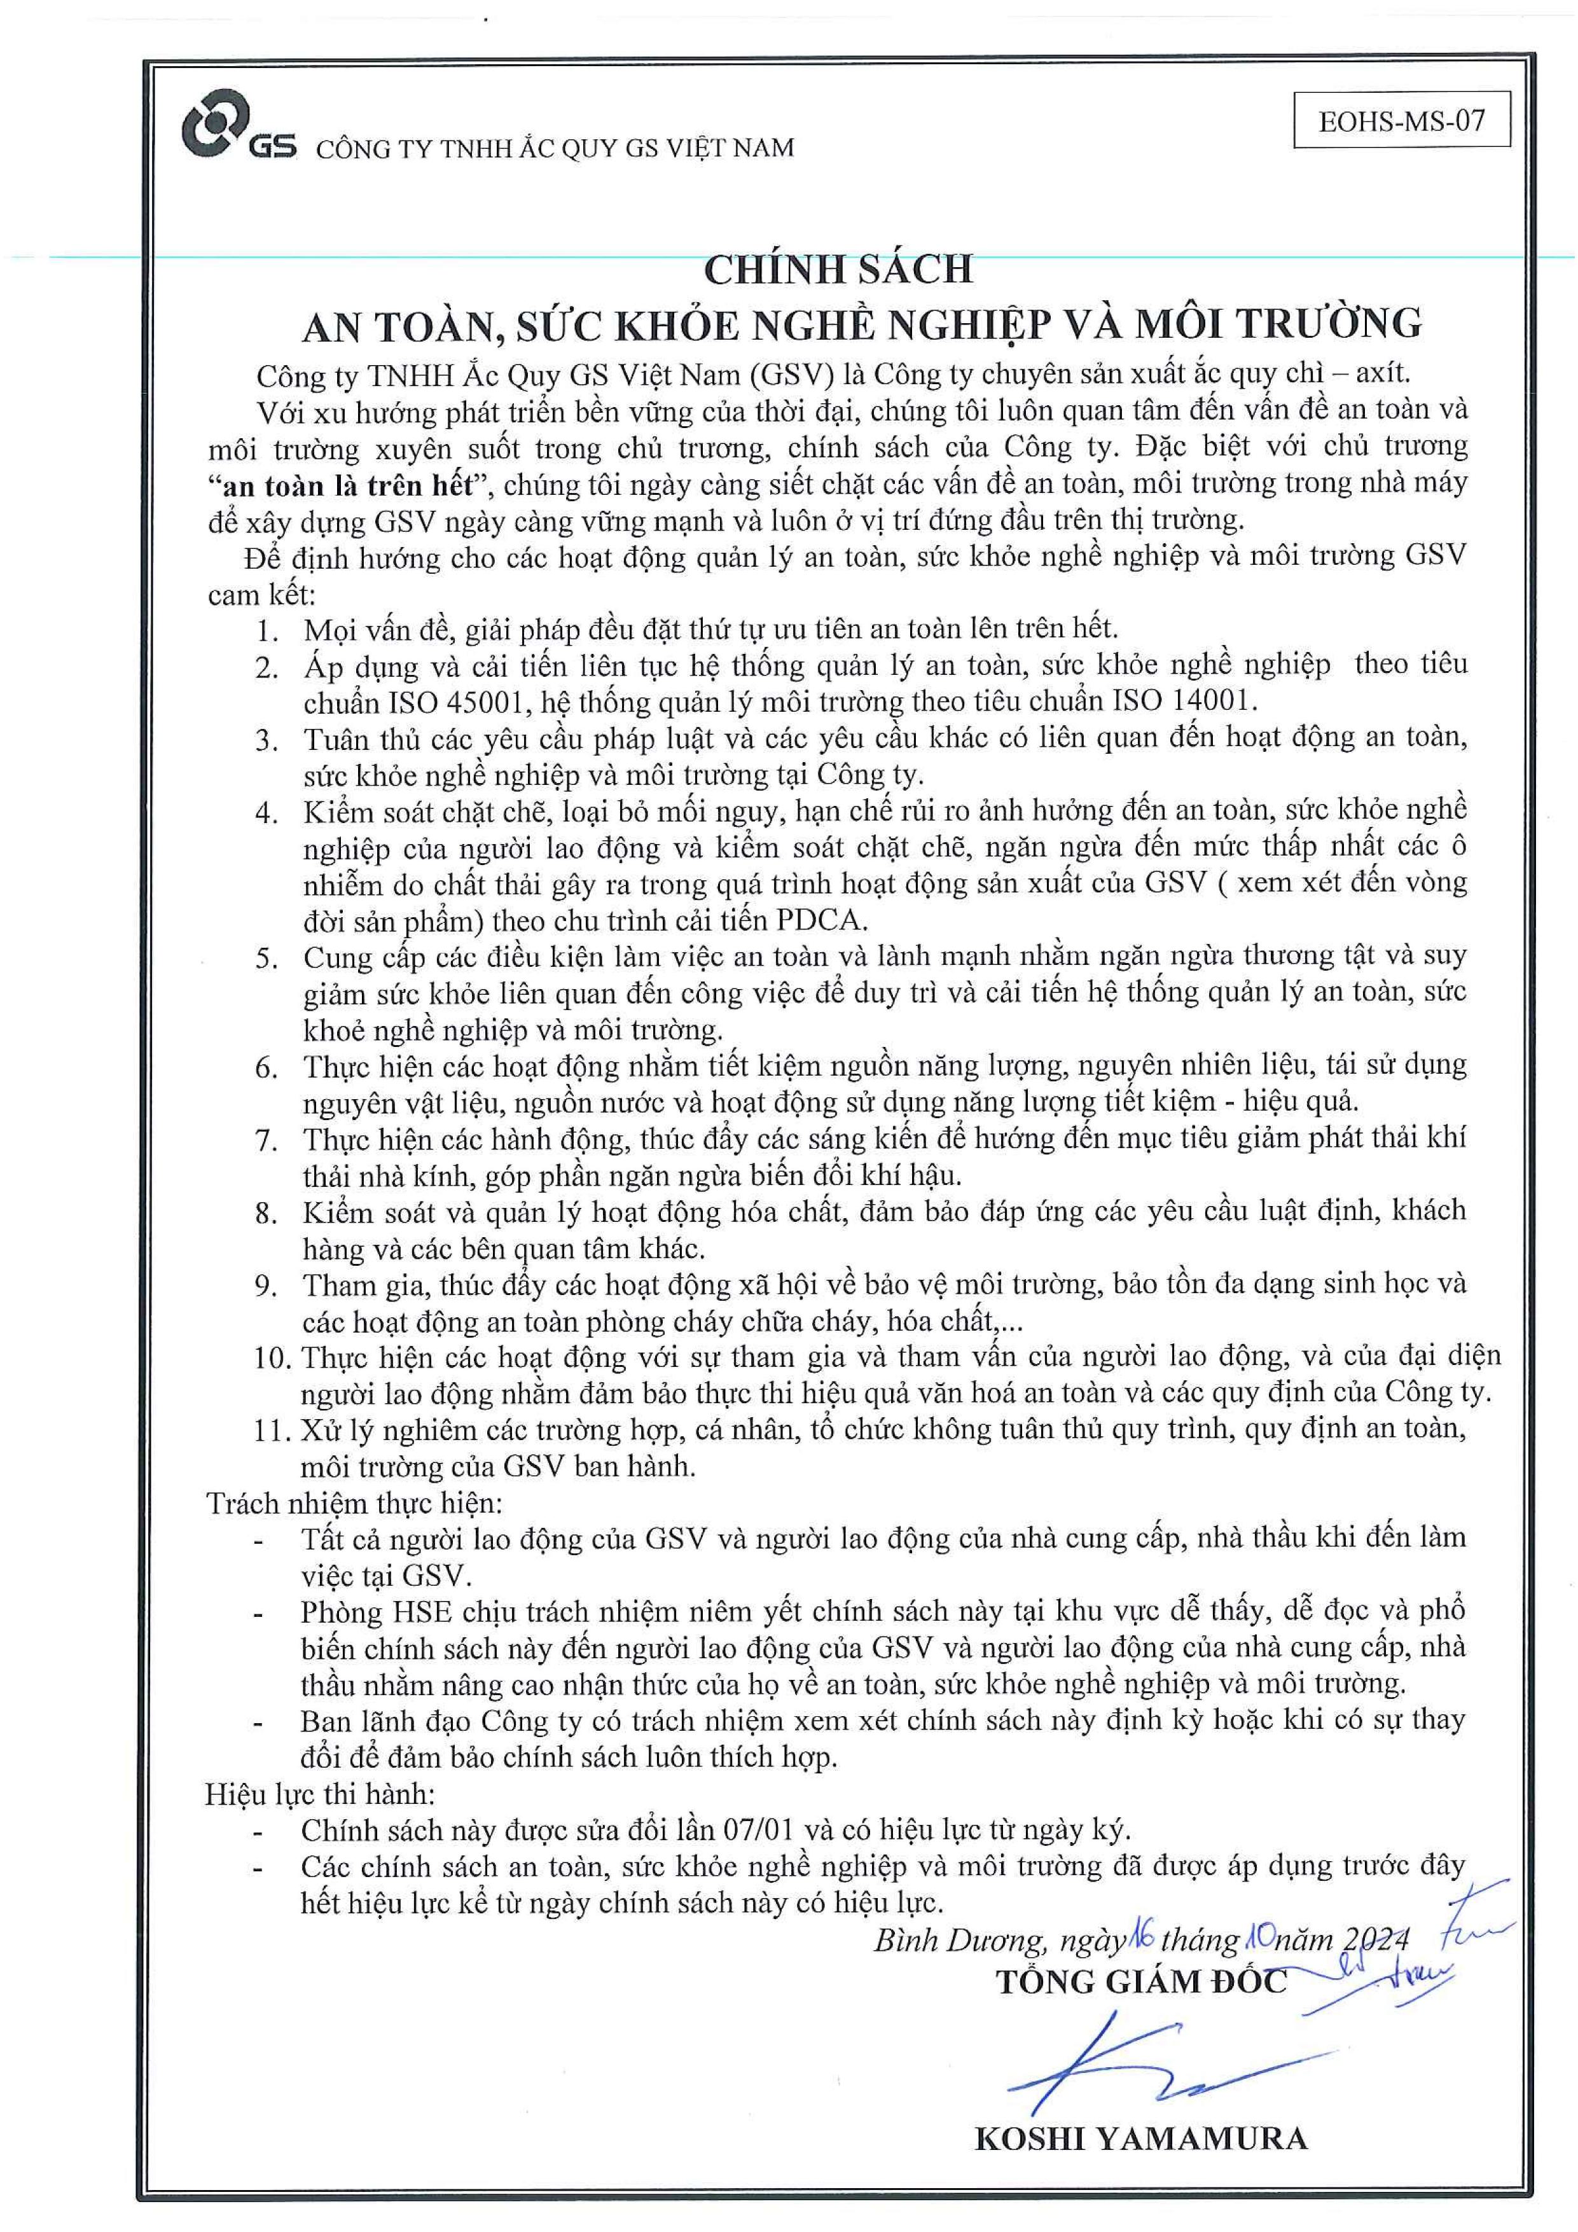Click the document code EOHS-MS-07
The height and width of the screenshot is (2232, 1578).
[x=1401, y=121]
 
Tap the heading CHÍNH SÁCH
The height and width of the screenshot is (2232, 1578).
[x=838, y=269]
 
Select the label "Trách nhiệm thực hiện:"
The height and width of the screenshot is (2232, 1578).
[x=355, y=1504]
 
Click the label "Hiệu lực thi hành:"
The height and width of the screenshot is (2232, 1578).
[x=320, y=1794]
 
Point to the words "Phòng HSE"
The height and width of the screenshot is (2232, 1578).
[x=377, y=1612]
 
